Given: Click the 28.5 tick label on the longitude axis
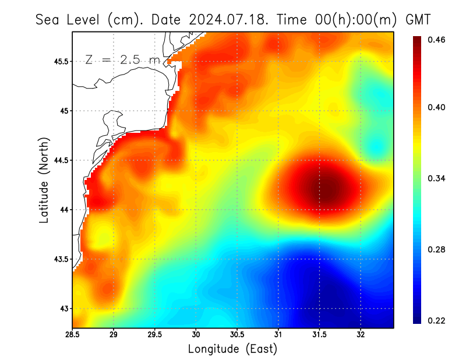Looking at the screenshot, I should (x=72, y=335).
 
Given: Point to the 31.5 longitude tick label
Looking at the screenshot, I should (x=320, y=335).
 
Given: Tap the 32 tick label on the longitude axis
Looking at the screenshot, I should (x=361, y=335).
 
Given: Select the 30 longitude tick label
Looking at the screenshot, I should (x=196, y=335).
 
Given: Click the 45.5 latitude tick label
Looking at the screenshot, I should (x=59, y=61).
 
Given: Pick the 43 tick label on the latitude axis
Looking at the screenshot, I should (x=63, y=308).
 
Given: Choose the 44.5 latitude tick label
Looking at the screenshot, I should (x=59, y=160).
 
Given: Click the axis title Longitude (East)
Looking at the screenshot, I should (x=232, y=349).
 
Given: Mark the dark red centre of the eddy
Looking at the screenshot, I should (x=322, y=188).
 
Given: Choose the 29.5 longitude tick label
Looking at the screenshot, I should (x=155, y=335).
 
